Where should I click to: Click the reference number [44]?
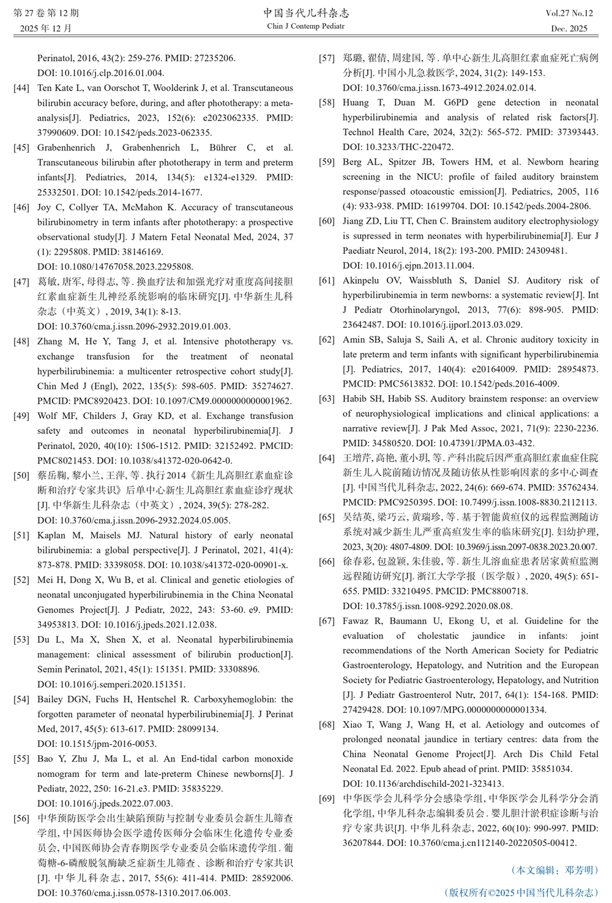click(x=21, y=88)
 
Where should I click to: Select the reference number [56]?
click(x=21, y=818)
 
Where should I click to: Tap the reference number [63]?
click(x=327, y=399)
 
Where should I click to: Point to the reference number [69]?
click(x=327, y=798)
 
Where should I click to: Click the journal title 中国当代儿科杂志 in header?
click(x=306, y=13)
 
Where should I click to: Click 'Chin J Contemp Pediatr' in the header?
click(x=306, y=26)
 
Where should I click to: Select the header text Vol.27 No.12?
click(x=569, y=13)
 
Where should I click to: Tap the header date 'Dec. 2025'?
click(x=569, y=28)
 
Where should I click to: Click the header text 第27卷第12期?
click(x=46, y=13)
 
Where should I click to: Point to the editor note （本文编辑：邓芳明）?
click(x=554, y=870)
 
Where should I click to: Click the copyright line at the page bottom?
click(x=521, y=893)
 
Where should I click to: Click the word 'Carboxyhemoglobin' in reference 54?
click(x=233, y=699)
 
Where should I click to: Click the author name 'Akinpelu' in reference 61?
click(x=360, y=281)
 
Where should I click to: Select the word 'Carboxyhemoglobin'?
click(x=233, y=699)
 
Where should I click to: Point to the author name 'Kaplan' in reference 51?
click(x=51, y=535)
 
